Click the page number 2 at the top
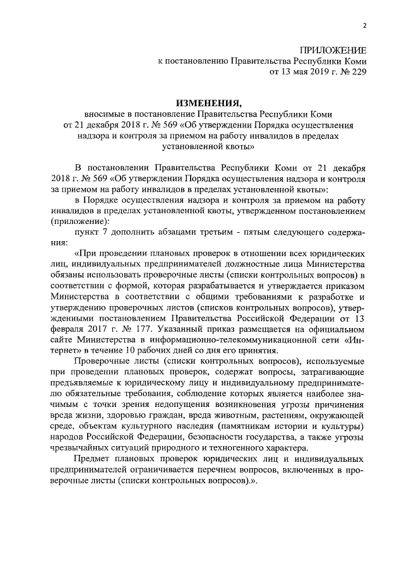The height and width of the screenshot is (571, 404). (x=364, y=26)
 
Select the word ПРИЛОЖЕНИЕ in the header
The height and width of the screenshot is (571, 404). (x=333, y=50)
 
